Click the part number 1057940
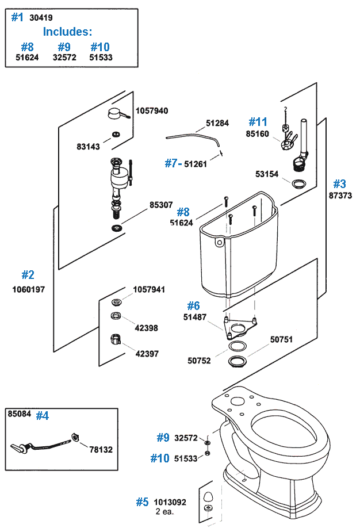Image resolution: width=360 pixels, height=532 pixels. coord(152,111)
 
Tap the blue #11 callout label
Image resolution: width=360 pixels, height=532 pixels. coord(258,122)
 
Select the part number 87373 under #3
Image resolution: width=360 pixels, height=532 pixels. coord(339,196)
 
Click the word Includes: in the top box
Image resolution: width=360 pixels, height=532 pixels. coord(67,32)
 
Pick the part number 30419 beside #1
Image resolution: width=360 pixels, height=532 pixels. coord(41,18)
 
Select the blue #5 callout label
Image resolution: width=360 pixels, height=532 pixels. coord(142,502)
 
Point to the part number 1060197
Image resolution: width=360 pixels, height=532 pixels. coord(28,289)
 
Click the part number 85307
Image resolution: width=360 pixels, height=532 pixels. coord(161,204)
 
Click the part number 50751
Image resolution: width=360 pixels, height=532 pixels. coord(282,340)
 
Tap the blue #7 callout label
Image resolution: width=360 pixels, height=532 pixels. coord(172,163)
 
